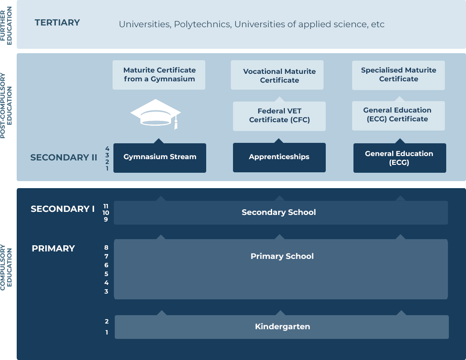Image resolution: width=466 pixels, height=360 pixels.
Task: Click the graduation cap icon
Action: click(x=156, y=114)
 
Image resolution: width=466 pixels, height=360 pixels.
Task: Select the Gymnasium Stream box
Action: click(x=160, y=158)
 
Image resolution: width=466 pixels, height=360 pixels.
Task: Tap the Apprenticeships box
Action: click(x=279, y=157)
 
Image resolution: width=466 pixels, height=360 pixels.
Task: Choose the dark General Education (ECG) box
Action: click(x=400, y=158)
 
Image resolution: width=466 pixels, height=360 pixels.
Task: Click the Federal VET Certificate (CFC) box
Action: click(x=279, y=116)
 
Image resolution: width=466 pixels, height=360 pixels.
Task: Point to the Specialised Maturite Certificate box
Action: click(x=398, y=75)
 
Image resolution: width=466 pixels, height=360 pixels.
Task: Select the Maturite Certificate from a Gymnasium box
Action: click(x=159, y=75)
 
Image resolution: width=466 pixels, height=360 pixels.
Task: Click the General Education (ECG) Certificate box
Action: click(x=398, y=116)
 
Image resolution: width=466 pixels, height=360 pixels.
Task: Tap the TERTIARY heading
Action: click(x=57, y=22)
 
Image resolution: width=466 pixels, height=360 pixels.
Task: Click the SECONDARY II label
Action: click(x=64, y=157)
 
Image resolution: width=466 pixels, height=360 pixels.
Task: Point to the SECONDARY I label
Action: click(x=63, y=209)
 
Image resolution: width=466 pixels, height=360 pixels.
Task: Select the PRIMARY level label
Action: click(x=53, y=248)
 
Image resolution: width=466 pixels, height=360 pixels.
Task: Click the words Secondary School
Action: click(x=279, y=212)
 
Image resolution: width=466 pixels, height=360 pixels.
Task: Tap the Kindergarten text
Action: click(x=282, y=327)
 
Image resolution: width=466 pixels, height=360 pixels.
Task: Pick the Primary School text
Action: click(x=282, y=256)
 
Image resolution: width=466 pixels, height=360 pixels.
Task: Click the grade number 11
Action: click(x=106, y=206)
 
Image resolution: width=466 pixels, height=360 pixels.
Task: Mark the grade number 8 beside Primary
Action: click(x=106, y=247)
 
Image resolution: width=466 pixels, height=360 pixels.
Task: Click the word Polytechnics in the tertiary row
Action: click(x=202, y=24)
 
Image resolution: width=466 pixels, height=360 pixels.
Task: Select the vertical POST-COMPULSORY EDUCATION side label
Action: click(x=6, y=106)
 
